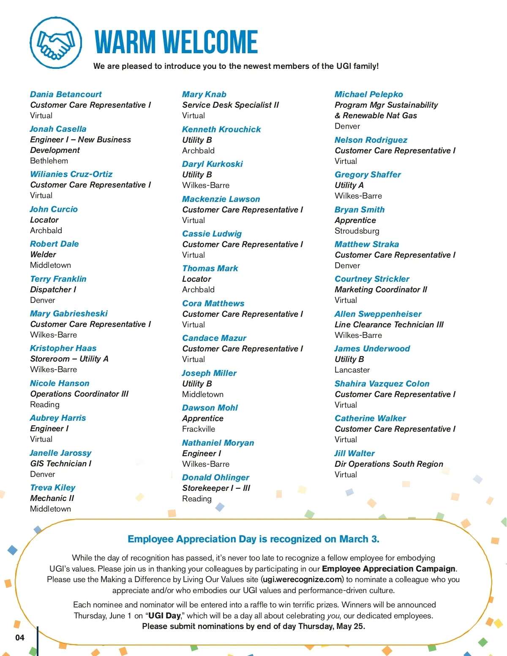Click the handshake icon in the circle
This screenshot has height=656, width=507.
pyautogui.click(x=56, y=43)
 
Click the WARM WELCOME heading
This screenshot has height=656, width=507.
pyautogui.click(x=176, y=42)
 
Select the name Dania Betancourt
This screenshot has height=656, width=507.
pyautogui.click(x=66, y=94)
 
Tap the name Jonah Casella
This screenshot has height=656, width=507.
pyautogui.click(x=58, y=129)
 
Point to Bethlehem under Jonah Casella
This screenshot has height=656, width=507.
pyautogui.click(x=49, y=161)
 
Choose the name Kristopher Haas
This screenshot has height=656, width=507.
pyautogui.click(x=63, y=348)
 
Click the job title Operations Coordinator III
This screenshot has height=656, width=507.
pyautogui.click(x=79, y=394)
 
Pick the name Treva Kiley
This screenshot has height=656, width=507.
pyautogui.click(x=53, y=487)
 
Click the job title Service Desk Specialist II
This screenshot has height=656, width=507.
pyautogui.click(x=231, y=105)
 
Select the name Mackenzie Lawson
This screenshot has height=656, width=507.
pyautogui.click(x=221, y=199)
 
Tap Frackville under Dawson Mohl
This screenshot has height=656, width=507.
pyautogui.click(x=199, y=429)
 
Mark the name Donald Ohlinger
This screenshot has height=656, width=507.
pyautogui.click(x=215, y=477)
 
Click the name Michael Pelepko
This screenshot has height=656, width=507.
pyautogui.click(x=369, y=94)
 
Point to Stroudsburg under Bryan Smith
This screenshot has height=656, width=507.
pyautogui.click(x=357, y=231)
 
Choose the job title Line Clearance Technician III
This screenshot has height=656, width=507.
pyautogui.click(x=389, y=324)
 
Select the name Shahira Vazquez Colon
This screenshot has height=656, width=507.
pyautogui.click(x=382, y=384)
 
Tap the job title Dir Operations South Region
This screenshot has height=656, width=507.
pyautogui.click(x=389, y=464)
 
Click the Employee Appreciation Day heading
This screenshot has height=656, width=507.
pyautogui.click(x=253, y=539)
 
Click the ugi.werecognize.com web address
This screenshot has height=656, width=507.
pyautogui.click(x=302, y=580)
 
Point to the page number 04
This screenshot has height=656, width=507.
pyautogui.click(x=20, y=637)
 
